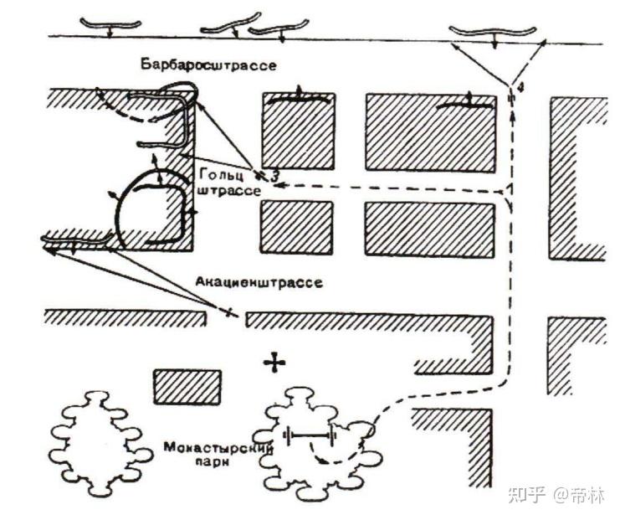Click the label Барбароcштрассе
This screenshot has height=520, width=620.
(209, 65)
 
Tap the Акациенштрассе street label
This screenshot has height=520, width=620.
(259, 282)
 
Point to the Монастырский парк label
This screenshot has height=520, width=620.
(218, 452)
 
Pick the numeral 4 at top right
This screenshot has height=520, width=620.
(520, 85)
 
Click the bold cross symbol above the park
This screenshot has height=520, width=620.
(274, 362)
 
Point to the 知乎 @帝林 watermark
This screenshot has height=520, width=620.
(556, 495)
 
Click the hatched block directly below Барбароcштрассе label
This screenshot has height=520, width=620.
(299, 130)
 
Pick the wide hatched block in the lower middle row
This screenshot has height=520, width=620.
(429, 229)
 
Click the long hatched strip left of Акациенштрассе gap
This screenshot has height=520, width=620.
(126, 317)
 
